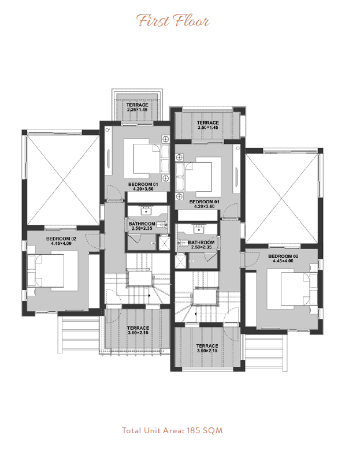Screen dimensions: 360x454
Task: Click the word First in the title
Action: (153, 21)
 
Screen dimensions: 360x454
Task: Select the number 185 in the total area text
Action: (194, 430)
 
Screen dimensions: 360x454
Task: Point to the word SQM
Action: (213, 430)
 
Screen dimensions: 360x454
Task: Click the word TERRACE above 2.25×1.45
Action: (138, 105)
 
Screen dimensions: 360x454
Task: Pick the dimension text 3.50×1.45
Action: (207, 128)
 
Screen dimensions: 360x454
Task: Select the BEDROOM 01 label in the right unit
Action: (204, 202)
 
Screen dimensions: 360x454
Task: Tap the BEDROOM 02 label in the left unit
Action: (61, 239)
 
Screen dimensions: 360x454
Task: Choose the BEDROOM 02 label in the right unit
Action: (283, 256)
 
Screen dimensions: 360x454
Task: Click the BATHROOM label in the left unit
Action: (142, 224)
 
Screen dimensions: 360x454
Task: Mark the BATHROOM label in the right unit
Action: (201, 243)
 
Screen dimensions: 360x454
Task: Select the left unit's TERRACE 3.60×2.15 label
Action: (138, 330)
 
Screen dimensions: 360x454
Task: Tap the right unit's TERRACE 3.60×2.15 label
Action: (207, 348)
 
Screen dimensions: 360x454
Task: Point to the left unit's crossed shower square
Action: (165, 243)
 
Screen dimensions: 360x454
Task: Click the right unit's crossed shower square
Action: (181, 262)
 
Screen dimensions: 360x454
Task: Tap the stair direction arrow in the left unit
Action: (150, 296)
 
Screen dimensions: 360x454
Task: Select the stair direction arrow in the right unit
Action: (196, 314)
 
